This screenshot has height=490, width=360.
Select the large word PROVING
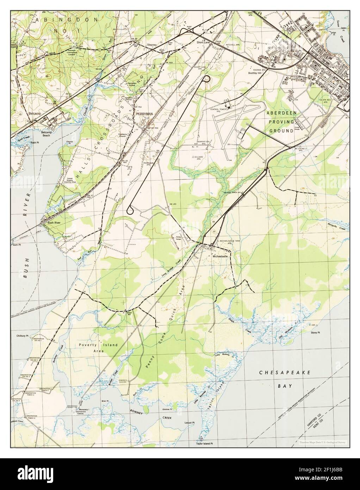(291, 122)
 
